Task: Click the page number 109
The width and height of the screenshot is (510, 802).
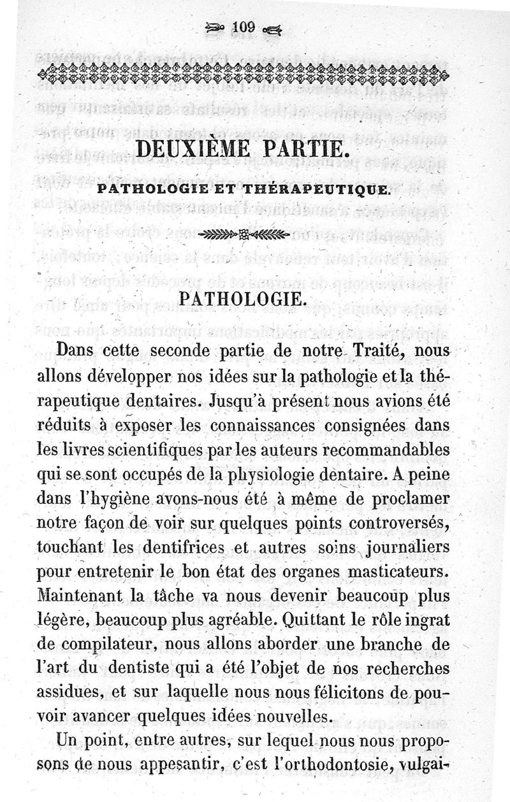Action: click(244, 27)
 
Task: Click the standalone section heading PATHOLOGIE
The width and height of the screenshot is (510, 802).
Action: click(245, 299)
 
